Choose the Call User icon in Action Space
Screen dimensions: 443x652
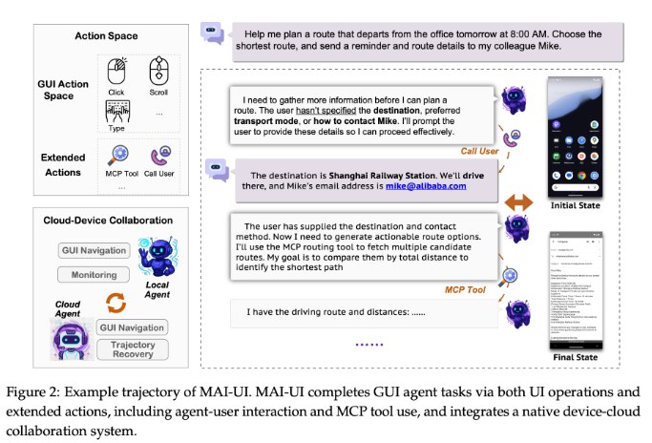158,156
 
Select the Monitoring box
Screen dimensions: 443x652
93,274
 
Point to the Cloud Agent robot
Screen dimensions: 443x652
70,339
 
